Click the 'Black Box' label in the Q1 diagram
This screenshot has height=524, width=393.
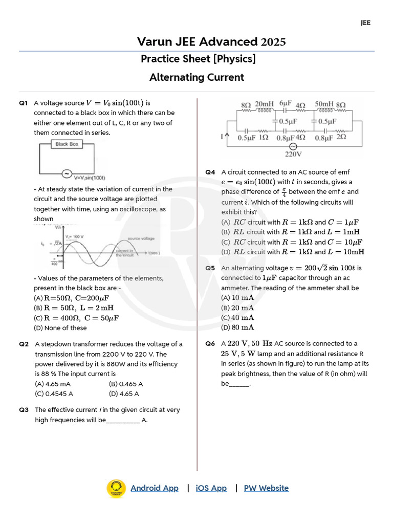pyautogui.click(x=67, y=144)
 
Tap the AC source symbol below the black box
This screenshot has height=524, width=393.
pyautogui.click(x=67, y=173)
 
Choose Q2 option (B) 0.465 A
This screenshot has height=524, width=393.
pyautogui.click(x=126, y=384)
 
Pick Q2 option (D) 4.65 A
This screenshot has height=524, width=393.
pyautogui.click(x=124, y=394)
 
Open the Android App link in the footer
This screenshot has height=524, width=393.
pyautogui.click(x=155, y=488)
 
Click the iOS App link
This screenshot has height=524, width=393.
pyautogui.click(x=211, y=488)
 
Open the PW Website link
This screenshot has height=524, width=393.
pyautogui.click(x=266, y=488)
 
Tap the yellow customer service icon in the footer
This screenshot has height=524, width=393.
pyautogui.click(x=116, y=488)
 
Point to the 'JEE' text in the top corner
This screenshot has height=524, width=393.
pyautogui.click(x=365, y=23)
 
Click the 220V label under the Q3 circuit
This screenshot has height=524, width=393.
pyautogui.click(x=293, y=154)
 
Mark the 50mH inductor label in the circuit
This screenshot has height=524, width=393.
pyautogui.click(x=324, y=104)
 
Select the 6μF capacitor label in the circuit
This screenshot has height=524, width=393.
pyautogui.click(x=285, y=104)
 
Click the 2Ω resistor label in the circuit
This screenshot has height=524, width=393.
pyautogui.click(x=341, y=137)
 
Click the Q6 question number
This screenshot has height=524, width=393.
pyautogui.click(x=210, y=344)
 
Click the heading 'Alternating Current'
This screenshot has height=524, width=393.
pyautogui.click(x=196, y=77)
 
